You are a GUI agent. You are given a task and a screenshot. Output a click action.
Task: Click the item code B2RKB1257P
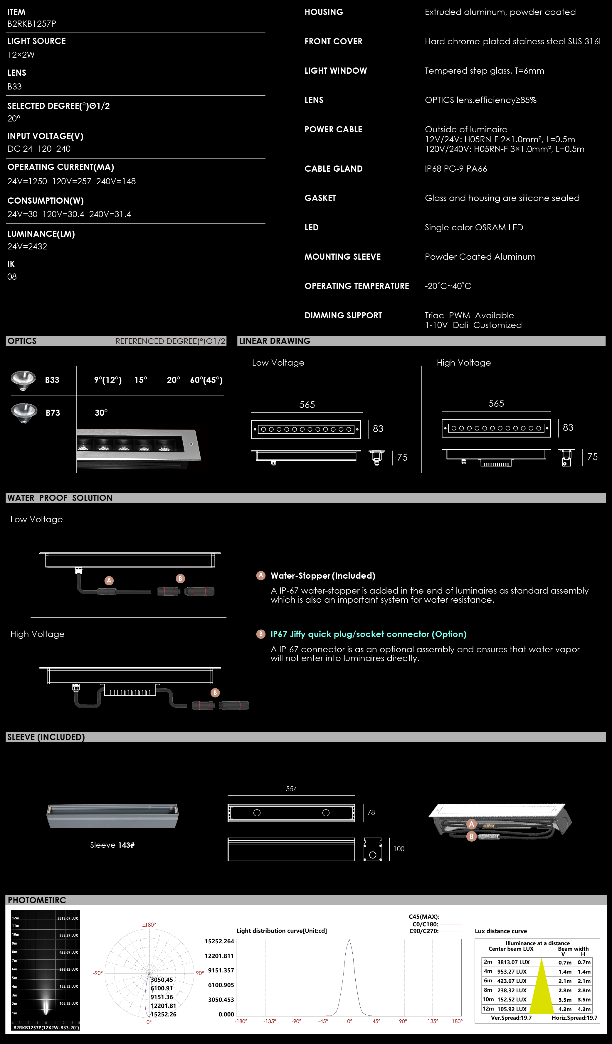coord(31,23)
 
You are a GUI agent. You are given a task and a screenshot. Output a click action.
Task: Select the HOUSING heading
coord(324,12)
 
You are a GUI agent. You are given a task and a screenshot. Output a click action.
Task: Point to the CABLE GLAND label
coord(333,169)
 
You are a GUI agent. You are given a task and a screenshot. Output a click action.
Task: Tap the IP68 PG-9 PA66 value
coord(456,169)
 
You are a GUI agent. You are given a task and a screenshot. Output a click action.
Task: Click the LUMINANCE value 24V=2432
coord(27,246)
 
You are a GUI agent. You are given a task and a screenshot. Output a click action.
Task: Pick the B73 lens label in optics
coord(53,413)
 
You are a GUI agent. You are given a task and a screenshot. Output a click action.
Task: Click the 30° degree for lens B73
coord(101,413)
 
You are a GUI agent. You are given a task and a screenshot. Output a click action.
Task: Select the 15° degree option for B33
coord(141,380)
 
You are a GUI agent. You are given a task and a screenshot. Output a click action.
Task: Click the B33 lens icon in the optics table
coord(23,380)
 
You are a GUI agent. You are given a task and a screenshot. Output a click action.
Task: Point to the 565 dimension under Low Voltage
coord(307,404)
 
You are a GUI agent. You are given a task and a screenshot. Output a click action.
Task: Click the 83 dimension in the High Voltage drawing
coord(568,428)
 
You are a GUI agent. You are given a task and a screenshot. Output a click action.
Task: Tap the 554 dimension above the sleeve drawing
coord(292,789)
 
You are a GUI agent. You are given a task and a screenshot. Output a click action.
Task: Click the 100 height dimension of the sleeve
coord(399,849)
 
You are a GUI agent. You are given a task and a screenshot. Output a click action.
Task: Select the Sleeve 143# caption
coord(112,845)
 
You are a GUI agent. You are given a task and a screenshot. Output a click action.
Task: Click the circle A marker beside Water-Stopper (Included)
coord(261,575)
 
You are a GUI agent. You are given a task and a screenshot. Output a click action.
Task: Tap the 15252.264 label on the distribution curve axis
coord(219,941)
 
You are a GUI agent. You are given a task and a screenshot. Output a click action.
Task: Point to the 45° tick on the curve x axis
coord(376,1021)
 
